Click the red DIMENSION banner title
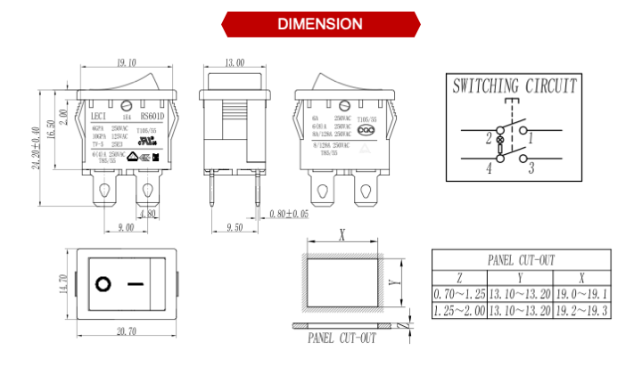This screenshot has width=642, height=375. (x=320, y=24)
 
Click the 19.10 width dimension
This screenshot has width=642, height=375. (x=127, y=63)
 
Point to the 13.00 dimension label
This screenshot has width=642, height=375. (x=235, y=63)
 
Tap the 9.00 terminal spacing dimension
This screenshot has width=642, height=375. (x=125, y=228)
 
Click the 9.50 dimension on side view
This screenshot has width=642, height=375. (x=235, y=228)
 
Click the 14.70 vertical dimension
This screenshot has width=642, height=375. (x=63, y=284)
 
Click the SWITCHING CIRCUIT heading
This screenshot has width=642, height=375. (x=514, y=86)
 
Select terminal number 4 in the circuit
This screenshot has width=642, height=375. (x=489, y=167)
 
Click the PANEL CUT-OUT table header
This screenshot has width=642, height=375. (x=521, y=260)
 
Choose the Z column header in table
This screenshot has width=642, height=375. (x=459, y=277)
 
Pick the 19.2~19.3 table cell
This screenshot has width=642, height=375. (x=581, y=311)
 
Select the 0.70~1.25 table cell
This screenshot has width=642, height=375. (x=459, y=294)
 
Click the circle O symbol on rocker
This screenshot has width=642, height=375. (x=103, y=284)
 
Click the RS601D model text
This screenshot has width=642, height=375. (x=153, y=115)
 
